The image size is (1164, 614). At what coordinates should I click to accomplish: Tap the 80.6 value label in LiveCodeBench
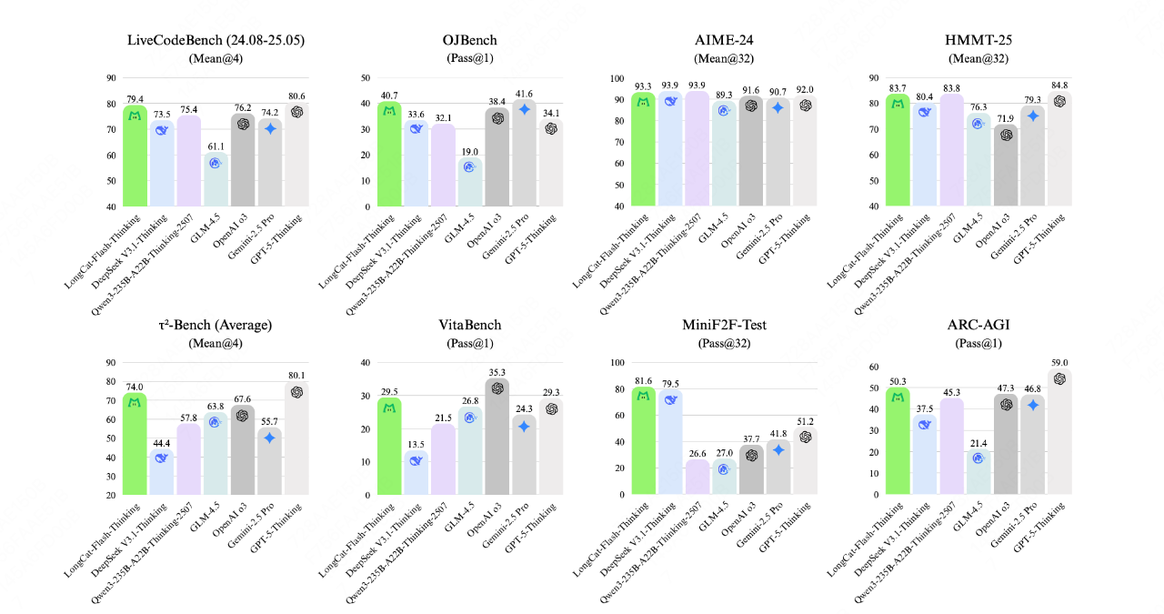(x=296, y=95)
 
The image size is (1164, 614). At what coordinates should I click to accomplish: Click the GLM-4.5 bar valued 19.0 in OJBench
(x=470, y=182)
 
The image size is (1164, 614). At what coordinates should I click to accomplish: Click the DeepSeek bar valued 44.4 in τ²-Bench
(x=162, y=472)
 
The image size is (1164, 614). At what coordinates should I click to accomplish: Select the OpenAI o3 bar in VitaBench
(x=497, y=437)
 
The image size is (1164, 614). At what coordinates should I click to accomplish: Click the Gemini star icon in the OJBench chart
(x=524, y=109)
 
